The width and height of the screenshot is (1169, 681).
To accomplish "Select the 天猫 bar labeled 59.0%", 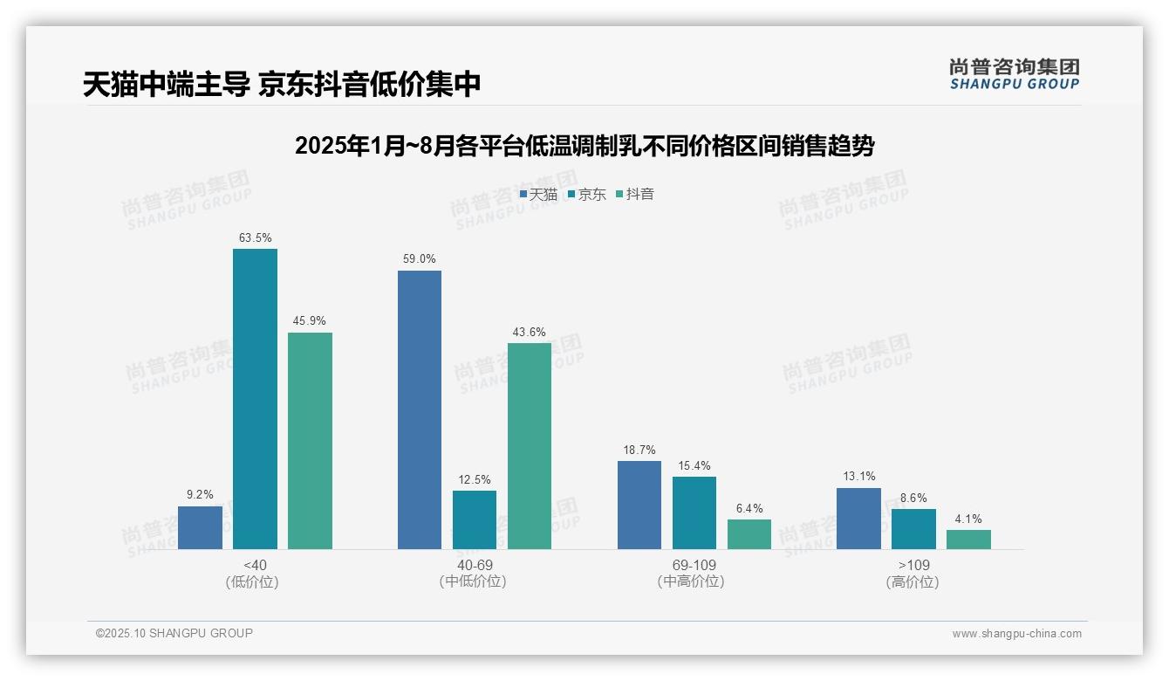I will (420, 409).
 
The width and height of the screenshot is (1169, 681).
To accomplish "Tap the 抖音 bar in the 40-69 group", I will (530, 445).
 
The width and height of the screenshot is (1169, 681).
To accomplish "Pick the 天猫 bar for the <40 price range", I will (200, 527).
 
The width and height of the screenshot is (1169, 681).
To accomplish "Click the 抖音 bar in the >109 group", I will (968, 540).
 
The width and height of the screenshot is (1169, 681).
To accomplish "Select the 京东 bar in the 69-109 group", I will (694, 512).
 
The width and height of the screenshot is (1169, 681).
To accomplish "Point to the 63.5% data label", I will (255, 237).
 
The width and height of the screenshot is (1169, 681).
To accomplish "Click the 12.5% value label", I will (475, 479).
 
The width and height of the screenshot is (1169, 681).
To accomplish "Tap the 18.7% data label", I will (639, 450).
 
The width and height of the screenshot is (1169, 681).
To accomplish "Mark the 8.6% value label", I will (913, 498).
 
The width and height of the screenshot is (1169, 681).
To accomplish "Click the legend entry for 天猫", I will (538, 194).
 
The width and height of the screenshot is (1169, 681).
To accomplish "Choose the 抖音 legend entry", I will (635, 194).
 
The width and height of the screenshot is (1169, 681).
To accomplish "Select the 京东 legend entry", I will (586, 194).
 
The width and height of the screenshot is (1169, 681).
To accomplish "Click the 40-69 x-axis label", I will (475, 565).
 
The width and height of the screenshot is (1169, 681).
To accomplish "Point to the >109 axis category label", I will (913, 565).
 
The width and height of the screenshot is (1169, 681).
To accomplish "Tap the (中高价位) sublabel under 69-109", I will (691, 581).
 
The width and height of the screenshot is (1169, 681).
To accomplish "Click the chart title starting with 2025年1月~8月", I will (584, 146).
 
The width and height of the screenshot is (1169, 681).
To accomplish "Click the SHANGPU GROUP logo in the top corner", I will (1014, 74).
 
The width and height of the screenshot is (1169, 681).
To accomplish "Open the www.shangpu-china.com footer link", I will (1016, 634).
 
